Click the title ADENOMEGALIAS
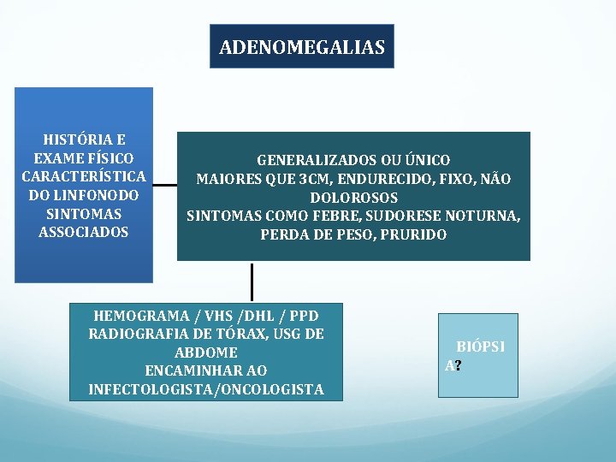tap(302, 47)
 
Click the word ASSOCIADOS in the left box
tap(84, 232)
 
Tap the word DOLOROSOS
tap(353, 198)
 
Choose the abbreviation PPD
tap(300, 315)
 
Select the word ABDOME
tap(205, 352)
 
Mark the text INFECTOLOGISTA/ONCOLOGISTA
tap(205, 389)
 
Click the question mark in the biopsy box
tap(459, 365)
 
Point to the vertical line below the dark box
tap(252, 282)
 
